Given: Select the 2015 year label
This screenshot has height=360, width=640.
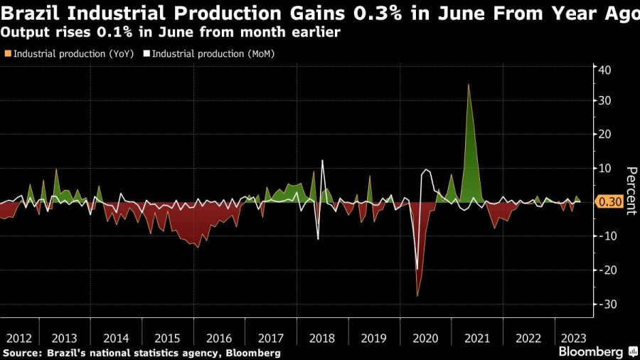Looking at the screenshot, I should [x=168, y=338].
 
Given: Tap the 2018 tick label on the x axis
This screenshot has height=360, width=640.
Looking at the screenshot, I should [x=323, y=338].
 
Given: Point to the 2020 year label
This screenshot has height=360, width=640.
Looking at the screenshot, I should [x=425, y=338].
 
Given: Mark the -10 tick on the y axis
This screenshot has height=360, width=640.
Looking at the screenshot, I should [x=607, y=236].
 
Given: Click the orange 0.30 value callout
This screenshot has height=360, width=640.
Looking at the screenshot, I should [x=611, y=203].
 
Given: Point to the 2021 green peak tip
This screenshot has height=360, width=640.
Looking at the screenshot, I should [x=468, y=84].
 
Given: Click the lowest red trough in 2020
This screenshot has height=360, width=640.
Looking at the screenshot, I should [x=417, y=295].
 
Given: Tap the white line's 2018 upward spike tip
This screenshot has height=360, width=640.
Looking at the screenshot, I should [x=322, y=160].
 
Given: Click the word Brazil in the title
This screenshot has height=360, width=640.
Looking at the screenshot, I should [x=30, y=13].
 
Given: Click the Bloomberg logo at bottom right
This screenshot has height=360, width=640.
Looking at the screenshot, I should [x=591, y=351].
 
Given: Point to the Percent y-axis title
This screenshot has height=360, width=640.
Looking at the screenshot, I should [x=630, y=186].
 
